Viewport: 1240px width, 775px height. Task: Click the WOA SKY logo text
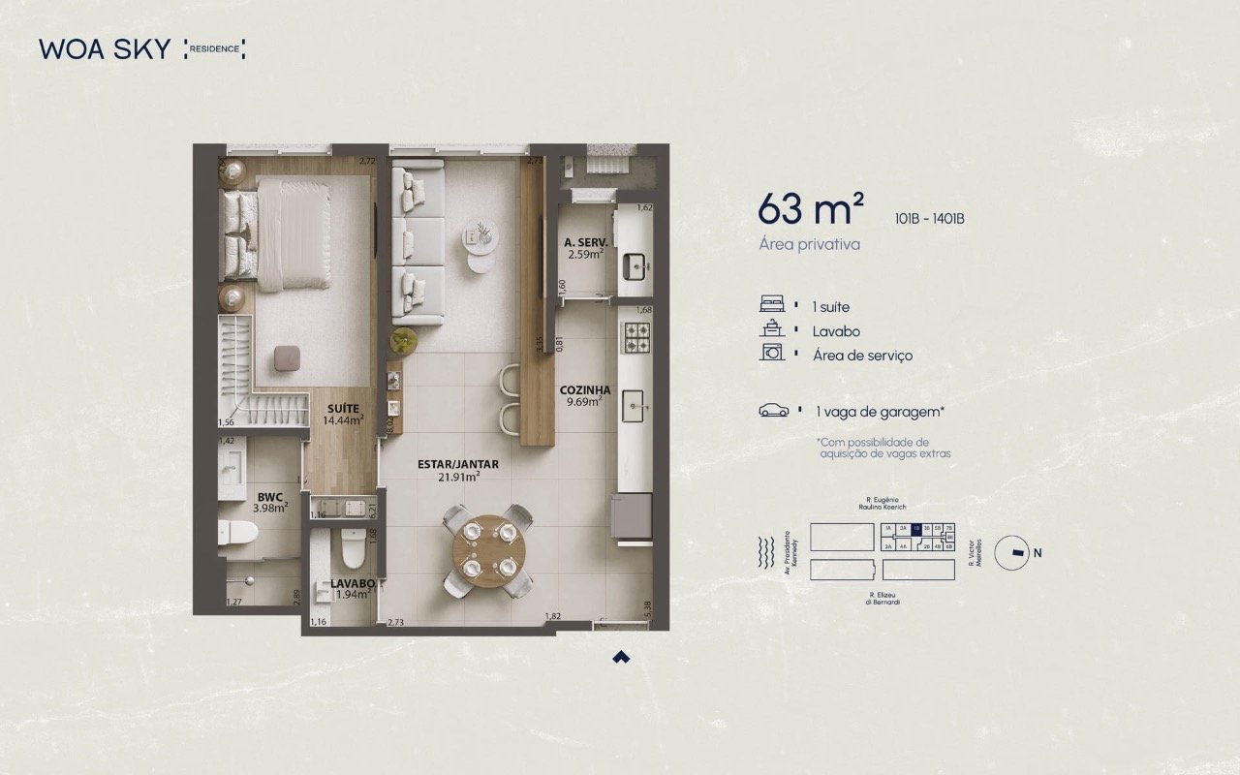[105, 48]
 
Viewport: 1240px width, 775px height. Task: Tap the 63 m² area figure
[811, 208]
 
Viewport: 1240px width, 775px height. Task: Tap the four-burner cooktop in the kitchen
[635, 338]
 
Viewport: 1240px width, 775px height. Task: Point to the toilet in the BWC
[236, 531]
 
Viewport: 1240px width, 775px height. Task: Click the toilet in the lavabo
[351, 549]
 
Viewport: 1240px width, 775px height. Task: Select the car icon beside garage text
[773, 411]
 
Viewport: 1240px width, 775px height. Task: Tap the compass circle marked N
[1014, 552]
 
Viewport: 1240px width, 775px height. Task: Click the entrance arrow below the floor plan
[621, 657]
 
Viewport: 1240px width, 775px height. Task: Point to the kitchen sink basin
[635, 404]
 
